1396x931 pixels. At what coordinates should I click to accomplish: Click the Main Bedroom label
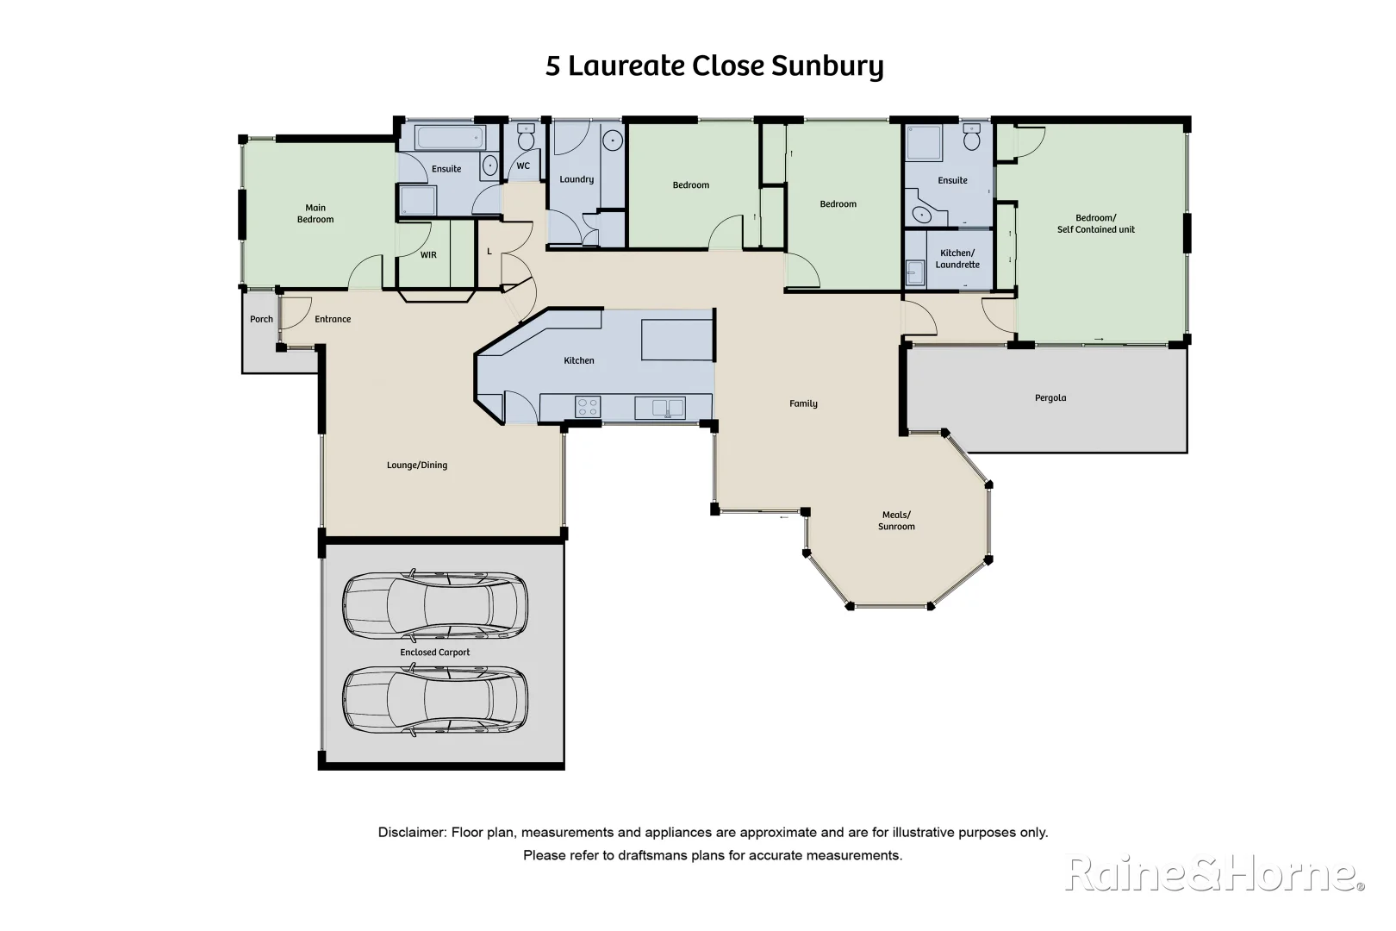click(x=315, y=214)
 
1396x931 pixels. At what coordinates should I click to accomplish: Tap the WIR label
click(x=428, y=255)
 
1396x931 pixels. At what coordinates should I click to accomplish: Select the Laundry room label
click(x=576, y=179)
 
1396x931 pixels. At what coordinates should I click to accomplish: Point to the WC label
click(x=523, y=166)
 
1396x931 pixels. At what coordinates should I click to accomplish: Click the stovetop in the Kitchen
click(x=588, y=406)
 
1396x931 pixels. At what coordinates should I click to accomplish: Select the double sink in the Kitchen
click(x=660, y=407)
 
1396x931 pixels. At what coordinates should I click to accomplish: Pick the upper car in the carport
click(x=435, y=605)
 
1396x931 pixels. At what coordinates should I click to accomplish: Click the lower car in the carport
click(x=435, y=701)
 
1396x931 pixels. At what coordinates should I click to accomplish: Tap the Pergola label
click(x=1050, y=398)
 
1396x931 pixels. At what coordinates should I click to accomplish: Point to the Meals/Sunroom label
click(x=896, y=521)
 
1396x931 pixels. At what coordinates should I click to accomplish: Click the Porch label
click(x=261, y=319)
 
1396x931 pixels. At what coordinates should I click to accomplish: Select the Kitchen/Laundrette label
click(x=957, y=259)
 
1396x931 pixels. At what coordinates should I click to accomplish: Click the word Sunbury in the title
click(x=827, y=67)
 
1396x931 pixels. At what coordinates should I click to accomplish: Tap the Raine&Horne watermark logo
click(x=1215, y=874)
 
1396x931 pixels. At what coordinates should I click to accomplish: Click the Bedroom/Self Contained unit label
click(x=1095, y=224)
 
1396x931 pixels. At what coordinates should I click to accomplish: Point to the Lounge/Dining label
click(x=417, y=465)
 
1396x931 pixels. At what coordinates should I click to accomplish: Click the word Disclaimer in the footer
click(x=412, y=833)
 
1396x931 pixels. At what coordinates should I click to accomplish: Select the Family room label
click(x=803, y=403)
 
